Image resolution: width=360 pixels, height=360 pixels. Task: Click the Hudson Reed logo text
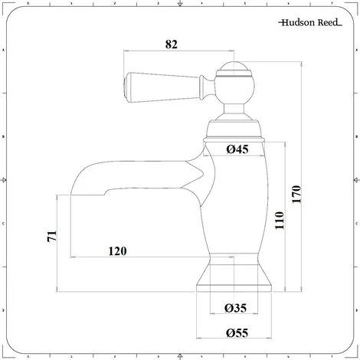click(310, 23)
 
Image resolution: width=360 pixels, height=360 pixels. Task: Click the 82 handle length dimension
click(171, 44)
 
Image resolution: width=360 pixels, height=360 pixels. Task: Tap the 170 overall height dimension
click(296, 195)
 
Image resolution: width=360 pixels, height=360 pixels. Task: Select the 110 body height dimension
click(280, 220)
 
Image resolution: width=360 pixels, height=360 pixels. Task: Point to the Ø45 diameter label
click(237, 149)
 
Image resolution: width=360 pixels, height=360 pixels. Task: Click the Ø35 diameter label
click(235, 308)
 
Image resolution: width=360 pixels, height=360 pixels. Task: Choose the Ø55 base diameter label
click(237, 333)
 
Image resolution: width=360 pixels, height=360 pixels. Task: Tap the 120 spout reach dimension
click(117, 251)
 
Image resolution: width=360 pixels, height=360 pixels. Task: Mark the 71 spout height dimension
click(52, 236)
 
